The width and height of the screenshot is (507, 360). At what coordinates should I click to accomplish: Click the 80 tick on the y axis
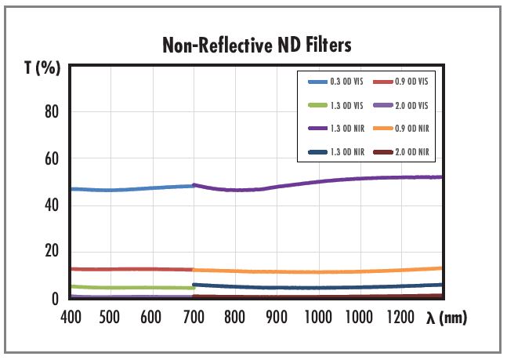coord(52,111)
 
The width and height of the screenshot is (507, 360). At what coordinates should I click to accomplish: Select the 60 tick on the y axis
coord(52,158)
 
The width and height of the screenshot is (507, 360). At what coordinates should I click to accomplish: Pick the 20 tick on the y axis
coord(52,251)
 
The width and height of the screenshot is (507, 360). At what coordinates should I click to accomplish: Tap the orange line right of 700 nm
coord(313,271)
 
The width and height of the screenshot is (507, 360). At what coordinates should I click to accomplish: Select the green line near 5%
coord(133,288)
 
